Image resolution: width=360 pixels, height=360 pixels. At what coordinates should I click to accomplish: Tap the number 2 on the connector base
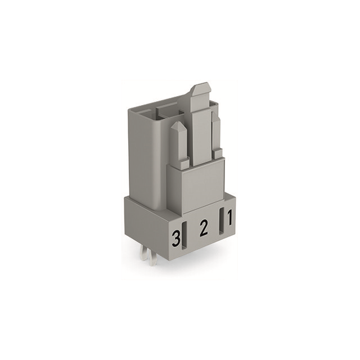tap(204, 228)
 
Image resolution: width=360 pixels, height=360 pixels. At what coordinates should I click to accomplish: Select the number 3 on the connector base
tap(176, 239)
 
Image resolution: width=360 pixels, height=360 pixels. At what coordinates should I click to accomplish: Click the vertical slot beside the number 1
tap(222, 221)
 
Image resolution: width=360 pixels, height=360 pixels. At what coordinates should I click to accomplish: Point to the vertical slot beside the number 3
tap(184, 236)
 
